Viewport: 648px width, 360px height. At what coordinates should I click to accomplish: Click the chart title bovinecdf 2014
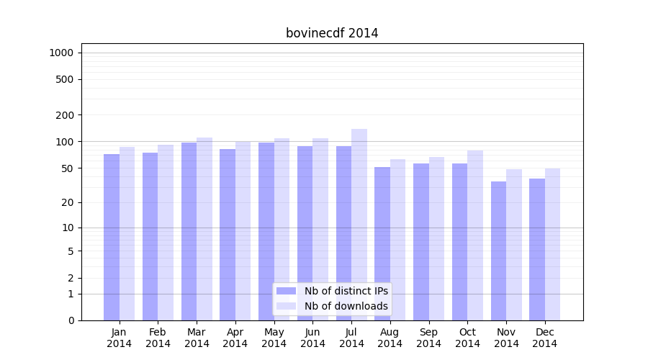coord(332,33)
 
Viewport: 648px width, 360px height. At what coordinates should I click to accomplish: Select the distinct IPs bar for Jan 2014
coord(112,238)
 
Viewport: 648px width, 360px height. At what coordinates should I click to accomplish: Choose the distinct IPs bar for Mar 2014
coord(189,230)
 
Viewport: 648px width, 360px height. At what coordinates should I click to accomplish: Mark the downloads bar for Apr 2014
coord(243,230)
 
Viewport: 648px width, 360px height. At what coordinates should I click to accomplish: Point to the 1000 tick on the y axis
coord(61,53)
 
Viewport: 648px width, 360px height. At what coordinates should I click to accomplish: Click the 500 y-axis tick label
coord(65,79)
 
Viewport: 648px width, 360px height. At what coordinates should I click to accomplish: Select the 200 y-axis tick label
coord(65,115)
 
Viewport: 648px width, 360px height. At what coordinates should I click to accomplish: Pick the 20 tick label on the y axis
coord(68,202)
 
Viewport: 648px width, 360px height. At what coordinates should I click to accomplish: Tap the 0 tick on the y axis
coord(71,320)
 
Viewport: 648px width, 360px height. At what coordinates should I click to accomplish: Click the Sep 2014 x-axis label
coord(428,338)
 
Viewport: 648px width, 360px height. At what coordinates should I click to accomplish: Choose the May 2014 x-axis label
coord(274,338)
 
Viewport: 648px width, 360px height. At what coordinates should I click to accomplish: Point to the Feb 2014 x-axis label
coord(158,338)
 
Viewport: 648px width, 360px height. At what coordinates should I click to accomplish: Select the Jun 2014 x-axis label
coord(312,338)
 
